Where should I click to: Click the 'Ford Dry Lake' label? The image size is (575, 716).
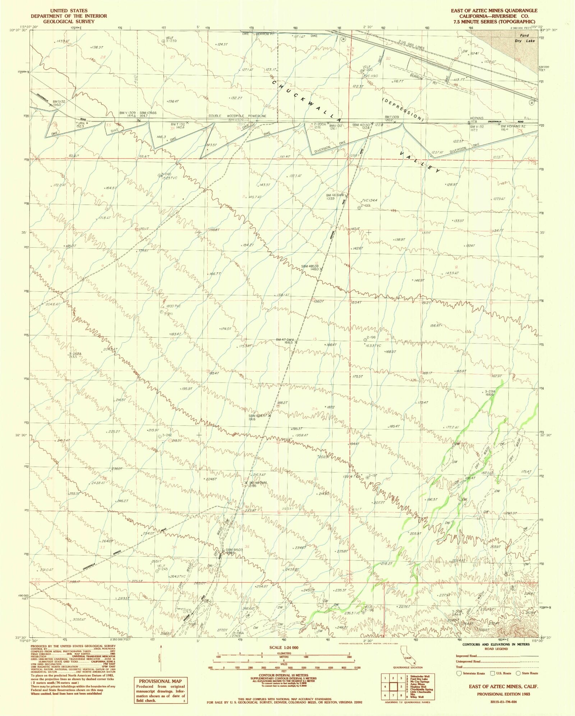(525, 38)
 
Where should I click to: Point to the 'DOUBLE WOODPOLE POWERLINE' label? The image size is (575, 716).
(238, 116)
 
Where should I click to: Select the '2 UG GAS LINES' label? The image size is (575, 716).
(411, 45)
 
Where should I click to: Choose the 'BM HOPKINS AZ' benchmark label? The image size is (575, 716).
(513, 126)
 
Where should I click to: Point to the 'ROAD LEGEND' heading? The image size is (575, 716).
(496, 649)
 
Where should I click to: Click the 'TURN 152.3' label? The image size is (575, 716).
(80, 125)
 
